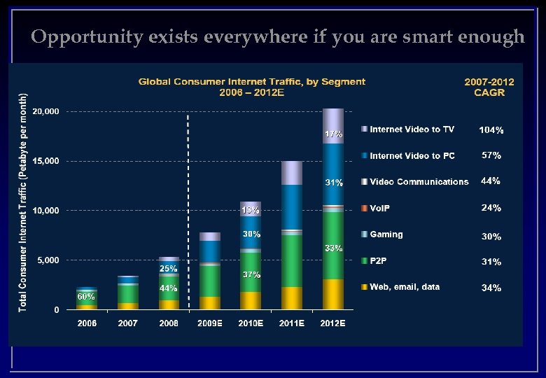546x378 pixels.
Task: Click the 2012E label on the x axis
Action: (332, 324)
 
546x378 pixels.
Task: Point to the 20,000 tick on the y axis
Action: (45, 112)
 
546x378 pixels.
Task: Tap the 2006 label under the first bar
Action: (87, 324)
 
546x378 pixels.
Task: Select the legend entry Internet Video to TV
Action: (412, 129)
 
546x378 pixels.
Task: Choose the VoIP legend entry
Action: (380, 209)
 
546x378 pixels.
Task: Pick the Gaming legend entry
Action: (386, 234)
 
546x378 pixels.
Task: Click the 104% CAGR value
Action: (491, 130)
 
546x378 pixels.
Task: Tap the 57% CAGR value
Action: (491, 155)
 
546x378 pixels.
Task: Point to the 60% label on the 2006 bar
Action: (86, 297)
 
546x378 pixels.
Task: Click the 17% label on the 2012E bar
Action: (333, 133)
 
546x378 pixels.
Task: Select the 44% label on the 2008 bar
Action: (168, 288)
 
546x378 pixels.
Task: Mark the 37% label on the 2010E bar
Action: (251, 275)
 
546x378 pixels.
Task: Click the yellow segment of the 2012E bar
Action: (333, 294)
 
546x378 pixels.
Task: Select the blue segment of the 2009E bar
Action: (210, 251)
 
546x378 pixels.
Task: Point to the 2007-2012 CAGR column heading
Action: (489, 87)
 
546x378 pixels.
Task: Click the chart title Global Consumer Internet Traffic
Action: (251, 82)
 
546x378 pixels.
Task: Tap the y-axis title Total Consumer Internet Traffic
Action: (22, 203)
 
